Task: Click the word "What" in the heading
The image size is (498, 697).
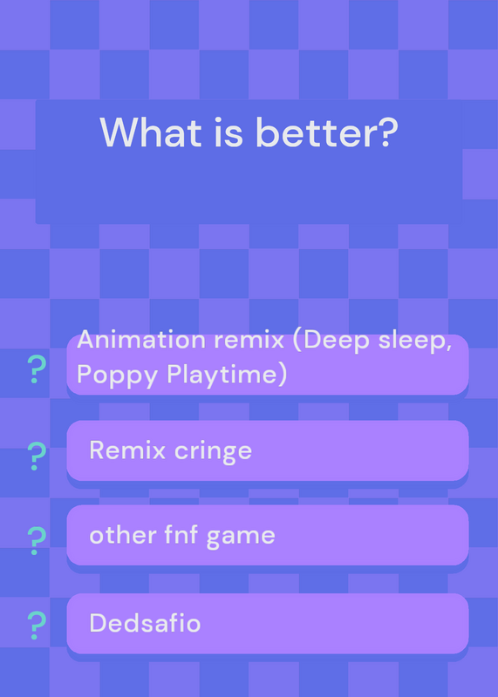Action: click(151, 132)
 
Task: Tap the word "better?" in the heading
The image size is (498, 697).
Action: click(327, 132)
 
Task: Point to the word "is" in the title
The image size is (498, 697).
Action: click(229, 132)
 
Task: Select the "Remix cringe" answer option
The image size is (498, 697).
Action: click(268, 450)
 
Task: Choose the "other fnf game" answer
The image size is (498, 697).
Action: click(268, 535)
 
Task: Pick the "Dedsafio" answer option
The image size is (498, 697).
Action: click(268, 623)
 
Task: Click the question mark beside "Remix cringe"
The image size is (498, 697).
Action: click(37, 456)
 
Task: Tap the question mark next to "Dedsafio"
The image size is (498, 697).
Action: click(37, 626)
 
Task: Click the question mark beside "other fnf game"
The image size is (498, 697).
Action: click(37, 540)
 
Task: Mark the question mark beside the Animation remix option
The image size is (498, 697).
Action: click(37, 369)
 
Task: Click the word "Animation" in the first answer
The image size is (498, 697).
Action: click(141, 340)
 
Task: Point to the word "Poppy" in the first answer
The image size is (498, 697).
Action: click(118, 376)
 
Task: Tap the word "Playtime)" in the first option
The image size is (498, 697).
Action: click(227, 375)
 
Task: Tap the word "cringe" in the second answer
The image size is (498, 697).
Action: click(213, 451)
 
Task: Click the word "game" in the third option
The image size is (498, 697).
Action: click(241, 537)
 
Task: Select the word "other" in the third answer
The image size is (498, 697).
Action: click(123, 534)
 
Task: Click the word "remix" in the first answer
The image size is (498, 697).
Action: click(249, 341)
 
